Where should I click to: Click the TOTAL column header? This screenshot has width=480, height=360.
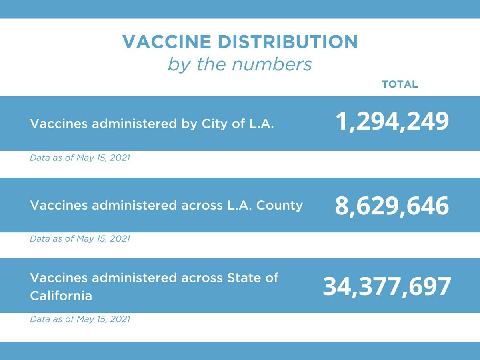pos(400,84)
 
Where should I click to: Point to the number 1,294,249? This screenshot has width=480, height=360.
pos(392,122)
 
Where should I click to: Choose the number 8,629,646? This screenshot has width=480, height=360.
pos(392,206)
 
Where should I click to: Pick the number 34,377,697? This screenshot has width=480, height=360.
pos(387,286)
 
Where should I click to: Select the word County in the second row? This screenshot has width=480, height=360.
pos(279,205)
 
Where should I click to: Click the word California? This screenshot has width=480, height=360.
pos(61,296)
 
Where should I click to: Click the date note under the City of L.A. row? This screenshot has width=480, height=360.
pos(80,158)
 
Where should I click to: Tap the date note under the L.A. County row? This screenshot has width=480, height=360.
pos(80,239)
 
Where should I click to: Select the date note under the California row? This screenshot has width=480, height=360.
pos(80,319)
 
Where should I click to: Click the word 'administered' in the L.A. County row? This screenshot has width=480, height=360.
pos(134,205)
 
